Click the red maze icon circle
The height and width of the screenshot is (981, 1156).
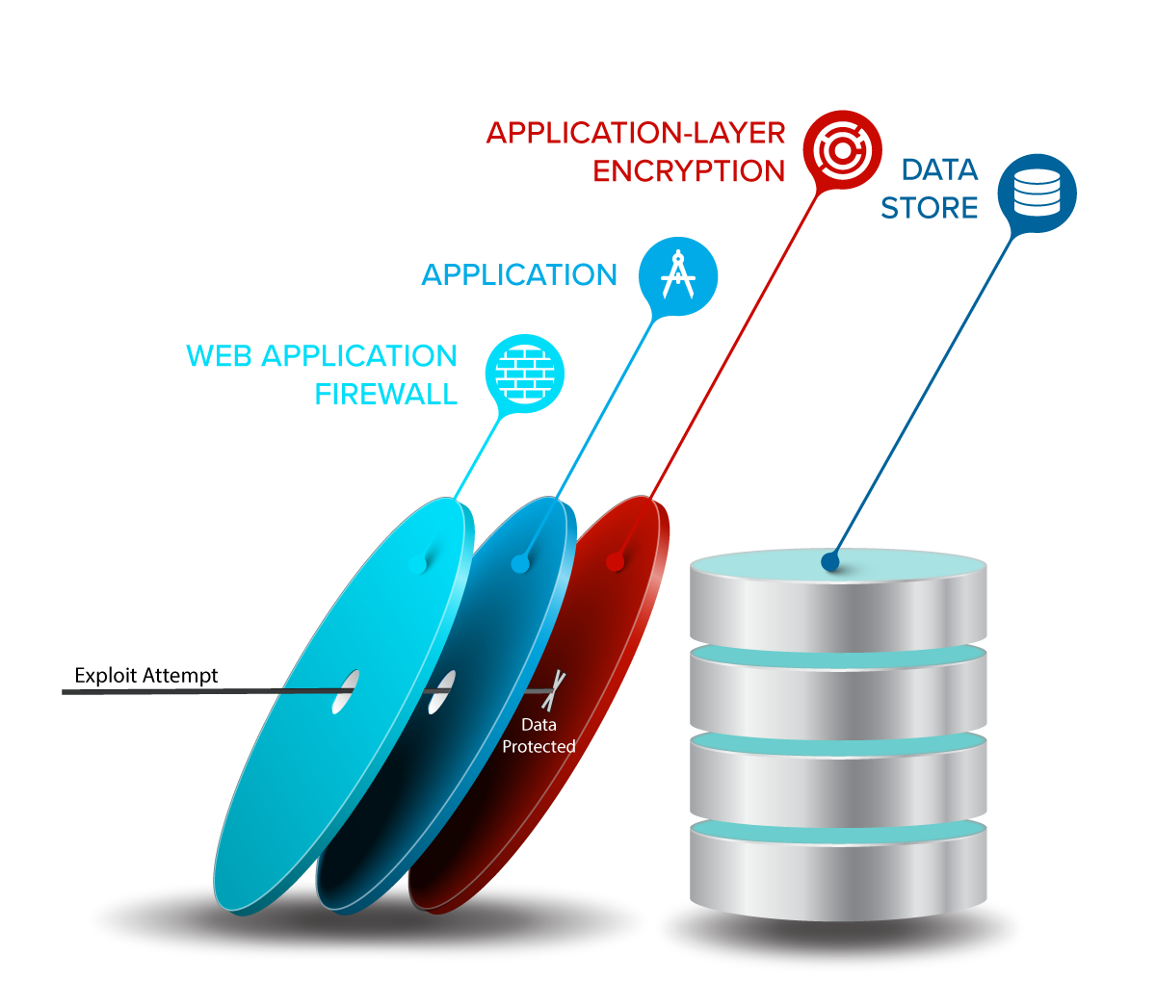tap(842, 150)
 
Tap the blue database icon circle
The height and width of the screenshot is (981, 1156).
tap(1037, 194)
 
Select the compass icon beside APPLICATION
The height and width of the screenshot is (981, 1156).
tap(678, 276)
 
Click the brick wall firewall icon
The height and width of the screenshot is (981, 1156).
tap(525, 374)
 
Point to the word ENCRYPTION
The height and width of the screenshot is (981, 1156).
tap(689, 171)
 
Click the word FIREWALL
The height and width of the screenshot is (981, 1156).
tap(386, 395)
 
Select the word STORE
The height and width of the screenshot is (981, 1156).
tap(929, 208)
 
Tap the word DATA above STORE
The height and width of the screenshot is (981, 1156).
tap(939, 170)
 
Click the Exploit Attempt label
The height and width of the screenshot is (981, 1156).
tap(146, 676)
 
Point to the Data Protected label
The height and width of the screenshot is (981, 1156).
tap(539, 736)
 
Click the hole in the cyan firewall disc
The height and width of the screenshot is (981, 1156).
tap(345, 692)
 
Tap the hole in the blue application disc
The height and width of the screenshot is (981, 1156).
tap(441, 692)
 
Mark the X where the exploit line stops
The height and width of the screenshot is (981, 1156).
tap(553, 691)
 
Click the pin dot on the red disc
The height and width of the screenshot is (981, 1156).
tap(616, 562)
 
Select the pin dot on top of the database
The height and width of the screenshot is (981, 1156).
tap(830, 562)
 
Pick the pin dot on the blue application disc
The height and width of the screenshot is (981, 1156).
tap(520, 564)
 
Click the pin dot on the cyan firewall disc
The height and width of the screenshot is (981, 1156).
tap(417, 564)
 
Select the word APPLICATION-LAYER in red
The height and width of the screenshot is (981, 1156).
tap(636, 133)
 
